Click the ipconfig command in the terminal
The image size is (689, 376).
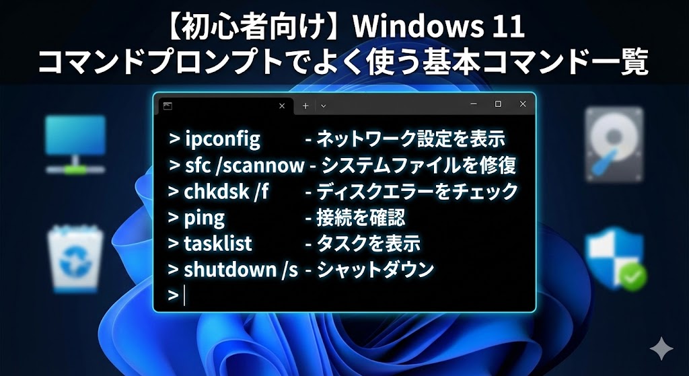222,139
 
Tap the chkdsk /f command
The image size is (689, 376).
226,191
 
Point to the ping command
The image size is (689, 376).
205,217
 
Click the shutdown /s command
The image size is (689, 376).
240,269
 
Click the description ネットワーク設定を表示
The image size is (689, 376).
410,139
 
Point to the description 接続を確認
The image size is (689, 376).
361,217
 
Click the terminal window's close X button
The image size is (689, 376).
523,104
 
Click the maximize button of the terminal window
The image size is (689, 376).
498,104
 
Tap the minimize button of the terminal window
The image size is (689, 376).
474,104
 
